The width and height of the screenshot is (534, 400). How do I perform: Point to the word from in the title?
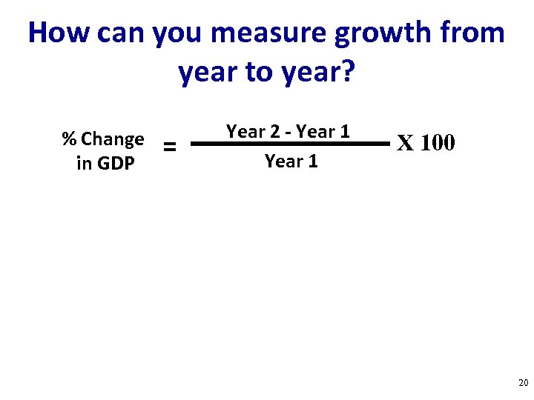pyautogui.click(x=471, y=33)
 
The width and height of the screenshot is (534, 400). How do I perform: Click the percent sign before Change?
pyautogui.click(x=69, y=139)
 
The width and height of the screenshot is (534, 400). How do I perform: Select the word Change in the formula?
pyautogui.click(x=113, y=140)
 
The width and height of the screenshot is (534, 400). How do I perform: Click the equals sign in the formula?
pyautogui.click(x=170, y=147)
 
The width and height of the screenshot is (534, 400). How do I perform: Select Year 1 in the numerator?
pyautogui.click(x=323, y=132)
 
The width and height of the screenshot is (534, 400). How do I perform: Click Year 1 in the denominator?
pyautogui.click(x=291, y=161)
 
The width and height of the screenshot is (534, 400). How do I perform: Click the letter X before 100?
pyautogui.click(x=406, y=142)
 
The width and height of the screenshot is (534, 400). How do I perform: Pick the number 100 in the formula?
pyautogui.click(x=438, y=142)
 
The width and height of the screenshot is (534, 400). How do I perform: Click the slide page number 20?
pyautogui.click(x=523, y=383)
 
